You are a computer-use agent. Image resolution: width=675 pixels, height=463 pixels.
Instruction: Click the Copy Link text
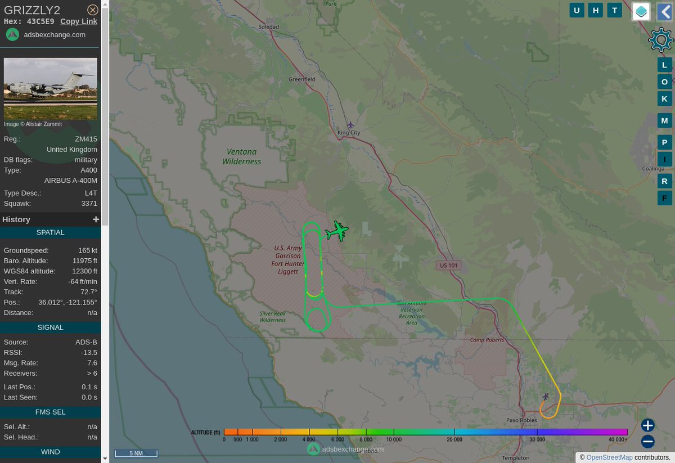tap(79, 21)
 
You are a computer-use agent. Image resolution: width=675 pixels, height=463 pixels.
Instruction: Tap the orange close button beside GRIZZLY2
tap(93, 10)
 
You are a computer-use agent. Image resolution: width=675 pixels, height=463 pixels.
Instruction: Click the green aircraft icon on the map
tap(337, 231)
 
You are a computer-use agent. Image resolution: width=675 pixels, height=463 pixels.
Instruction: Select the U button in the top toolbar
tap(577, 10)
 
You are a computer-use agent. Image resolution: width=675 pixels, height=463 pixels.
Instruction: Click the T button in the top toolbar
tap(615, 10)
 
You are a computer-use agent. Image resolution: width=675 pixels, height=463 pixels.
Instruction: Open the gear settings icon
tap(660, 40)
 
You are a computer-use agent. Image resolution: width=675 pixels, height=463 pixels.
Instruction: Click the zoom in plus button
tap(648, 425)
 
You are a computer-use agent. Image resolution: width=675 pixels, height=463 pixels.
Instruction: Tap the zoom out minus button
tap(648, 442)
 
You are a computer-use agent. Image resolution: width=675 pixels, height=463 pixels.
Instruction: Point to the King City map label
tap(349, 133)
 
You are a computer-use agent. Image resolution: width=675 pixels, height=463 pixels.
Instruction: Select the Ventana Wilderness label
tap(242, 156)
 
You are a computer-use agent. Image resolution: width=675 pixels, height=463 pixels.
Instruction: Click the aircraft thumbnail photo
tap(51, 88)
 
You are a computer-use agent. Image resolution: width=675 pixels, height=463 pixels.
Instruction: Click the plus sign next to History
tap(96, 219)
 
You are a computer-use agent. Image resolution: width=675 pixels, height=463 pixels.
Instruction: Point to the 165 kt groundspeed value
tap(88, 250)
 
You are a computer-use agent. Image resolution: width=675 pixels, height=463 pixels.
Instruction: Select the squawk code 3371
tap(89, 203)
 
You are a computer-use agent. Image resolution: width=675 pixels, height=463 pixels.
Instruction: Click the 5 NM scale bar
tap(136, 453)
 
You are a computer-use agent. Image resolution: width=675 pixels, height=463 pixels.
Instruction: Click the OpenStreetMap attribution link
tap(609, 457)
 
